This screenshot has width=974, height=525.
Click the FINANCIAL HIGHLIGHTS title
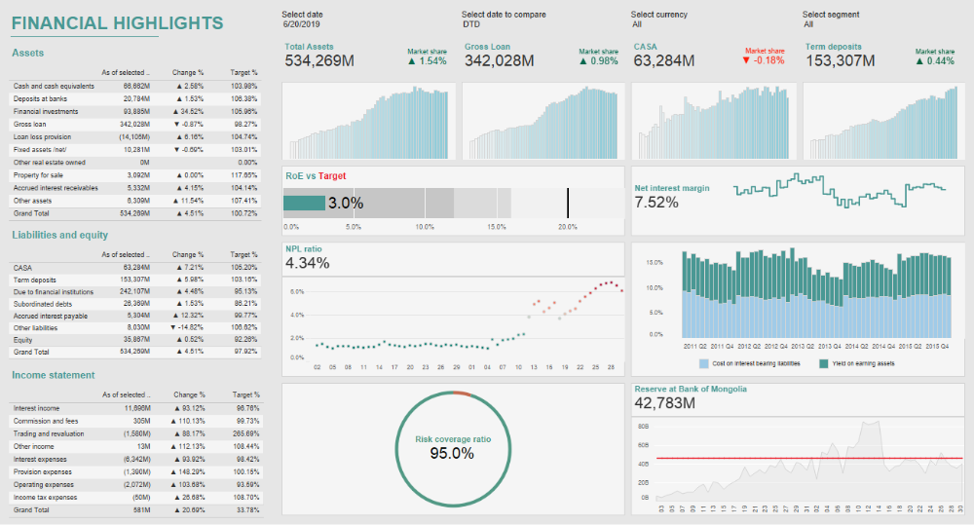pyautogui.click(x=118, y=23)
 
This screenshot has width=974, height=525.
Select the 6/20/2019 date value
pyautogui.click(x=301, y=24)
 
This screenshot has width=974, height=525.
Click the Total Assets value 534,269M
pyautogui.click(x=320, y=61)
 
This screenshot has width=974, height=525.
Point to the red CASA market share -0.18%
pyautogui.click(x=764, y=60)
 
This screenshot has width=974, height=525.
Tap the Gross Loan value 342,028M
pyautogui.click(x=500, y=61)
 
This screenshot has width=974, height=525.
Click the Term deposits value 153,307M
pyautogui.click(x=841, y=61)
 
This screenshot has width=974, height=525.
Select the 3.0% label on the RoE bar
pyautogui.click(x=346, y=203)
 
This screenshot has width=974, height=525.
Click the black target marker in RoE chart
pyautogui.click(x=568, y=203)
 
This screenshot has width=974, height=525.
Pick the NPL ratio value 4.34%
pyautogui.click(x=308, y=263)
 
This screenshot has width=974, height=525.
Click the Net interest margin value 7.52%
pyautogui.click(x=656, y=203)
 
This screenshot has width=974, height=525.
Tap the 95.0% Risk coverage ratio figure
pyautogui.click(x=452, y=454)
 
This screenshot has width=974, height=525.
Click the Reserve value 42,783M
pyautogui.click(x=665, y=402)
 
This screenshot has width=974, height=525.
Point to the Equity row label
pyautogui.click(x=22, y=339)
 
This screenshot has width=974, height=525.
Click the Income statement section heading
pyautogui.click(x=54, y=375)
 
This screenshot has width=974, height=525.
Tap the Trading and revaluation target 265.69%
pyautogui.click(x=245, y=433)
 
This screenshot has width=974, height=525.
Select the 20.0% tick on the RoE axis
pyautogui.click(x=568, y=226)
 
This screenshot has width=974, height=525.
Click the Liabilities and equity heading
pyautogui.click(x=60, y=235)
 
